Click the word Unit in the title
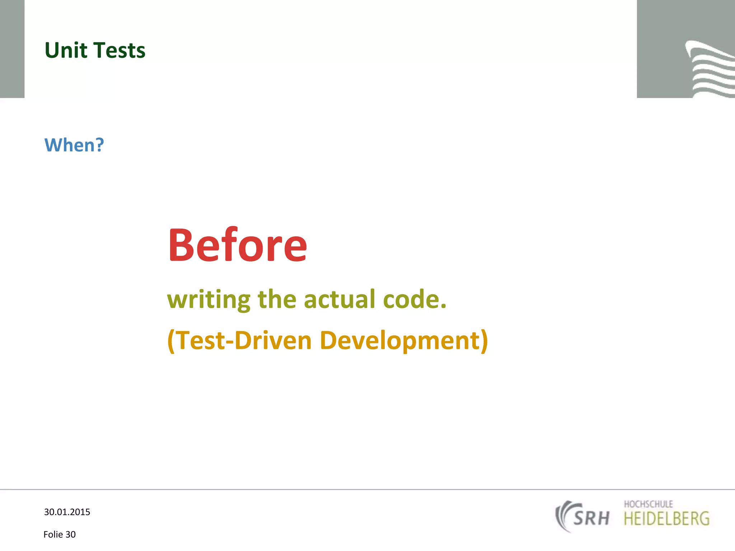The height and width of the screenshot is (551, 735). (65, 50)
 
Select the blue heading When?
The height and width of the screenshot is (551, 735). (74, 145)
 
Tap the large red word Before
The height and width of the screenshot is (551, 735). (237, 245)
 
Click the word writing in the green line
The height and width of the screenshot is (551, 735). (209, 300)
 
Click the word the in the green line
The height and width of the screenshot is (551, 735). (277, 300)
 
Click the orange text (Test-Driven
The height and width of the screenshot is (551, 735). (240, 340)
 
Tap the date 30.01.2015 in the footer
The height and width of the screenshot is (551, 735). (67, 512)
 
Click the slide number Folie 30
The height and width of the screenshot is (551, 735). (60, 534)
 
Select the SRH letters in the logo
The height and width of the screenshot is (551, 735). (591, 518)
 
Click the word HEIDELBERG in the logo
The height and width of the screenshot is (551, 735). (666, 519)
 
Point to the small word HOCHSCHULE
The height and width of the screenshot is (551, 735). (648, 504)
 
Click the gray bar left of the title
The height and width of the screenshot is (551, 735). (12, 49)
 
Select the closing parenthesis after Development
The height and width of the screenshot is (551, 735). (484, 340)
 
